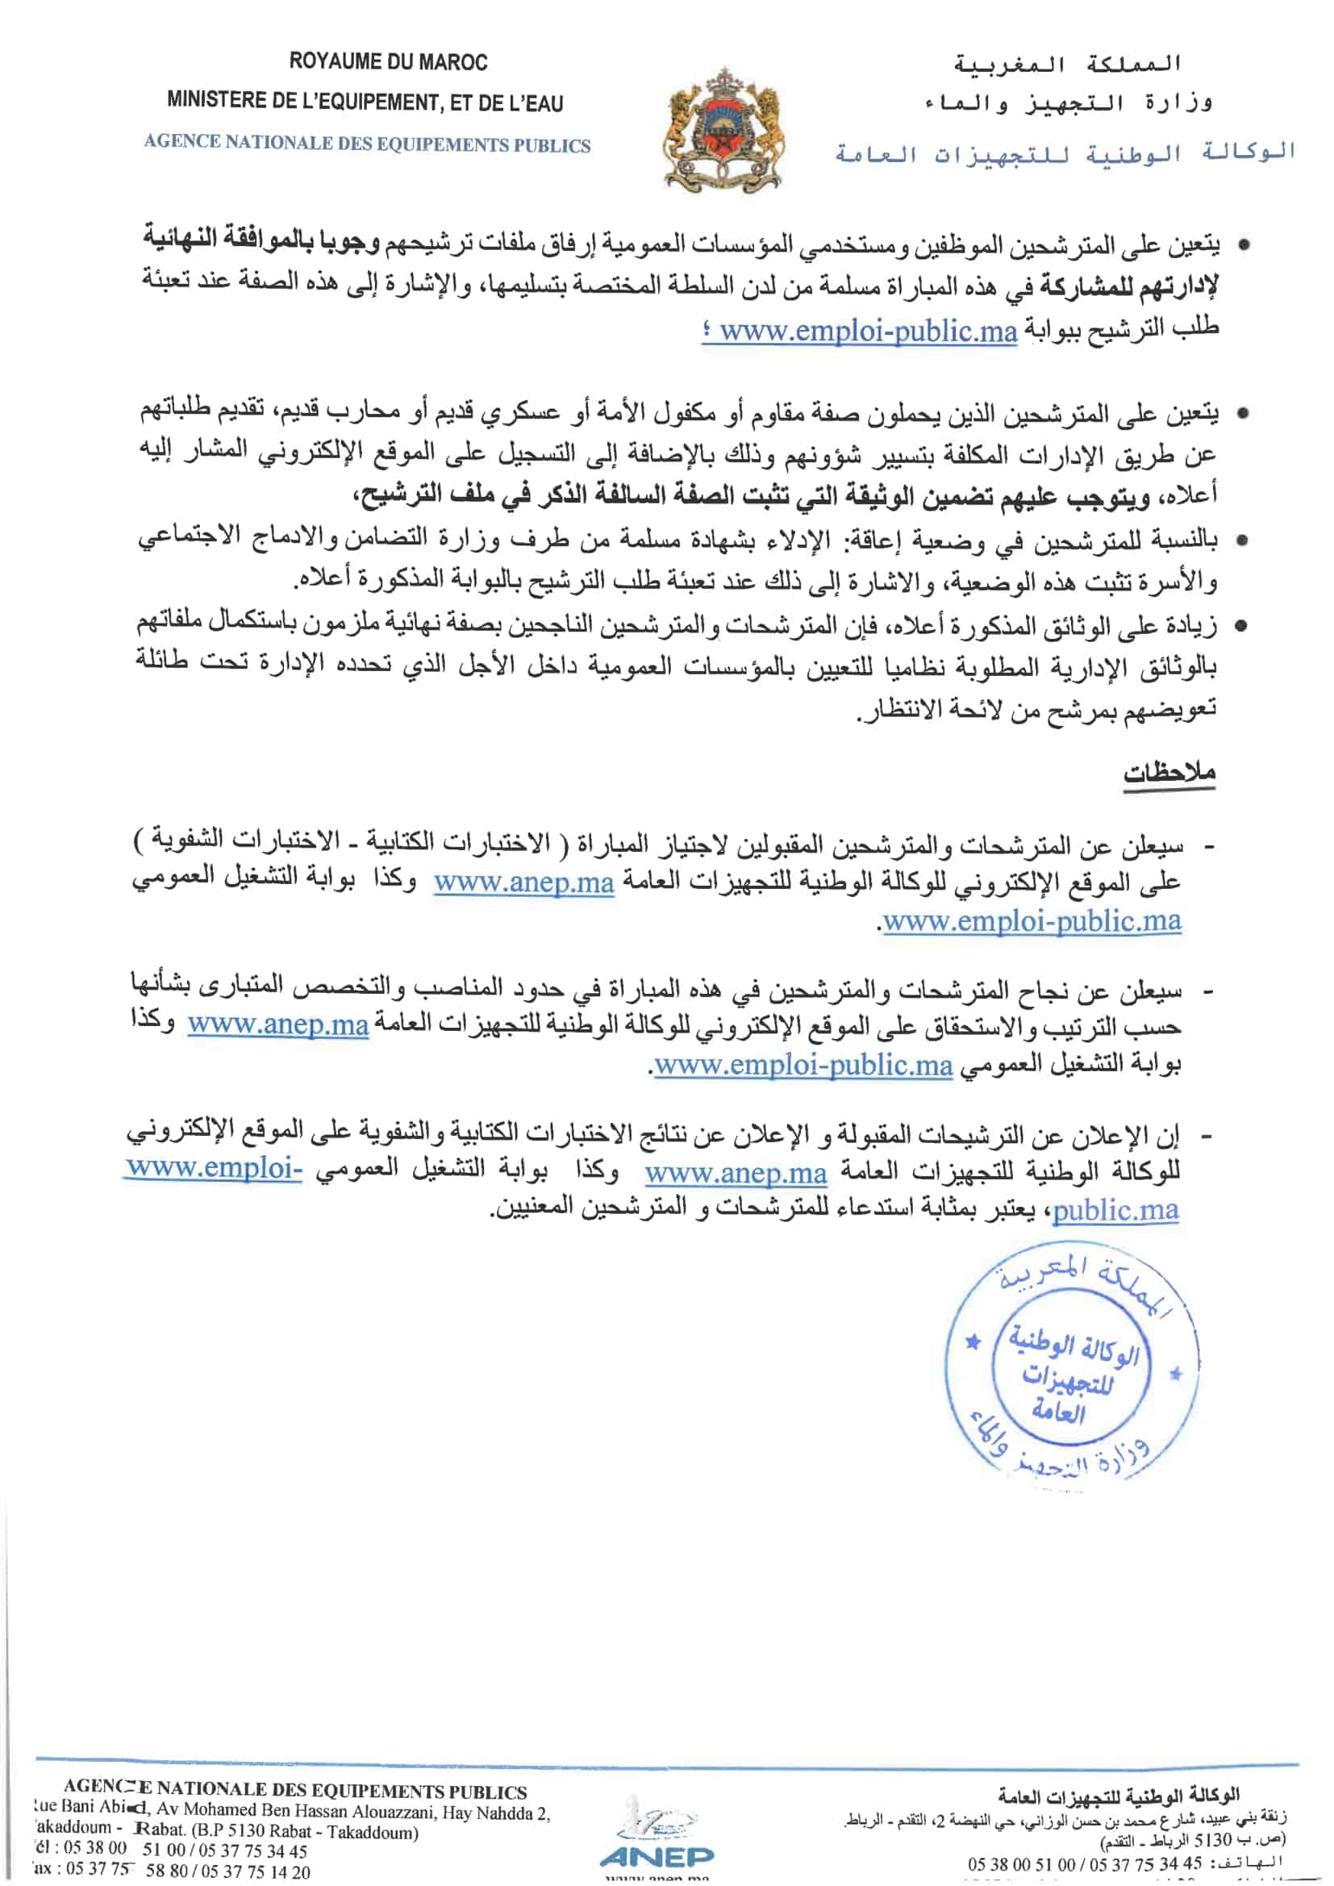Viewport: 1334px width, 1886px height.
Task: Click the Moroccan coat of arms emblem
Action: tap(723, 131)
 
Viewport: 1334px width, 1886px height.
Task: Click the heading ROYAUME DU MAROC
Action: tap(388, 62)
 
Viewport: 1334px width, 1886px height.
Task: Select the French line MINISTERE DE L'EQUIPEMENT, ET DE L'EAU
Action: tap(365, 102)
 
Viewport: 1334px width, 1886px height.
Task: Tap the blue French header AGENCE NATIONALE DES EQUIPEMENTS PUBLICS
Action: tap(367, 144)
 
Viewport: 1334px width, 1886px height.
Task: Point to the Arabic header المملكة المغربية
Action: tap(1067, 63)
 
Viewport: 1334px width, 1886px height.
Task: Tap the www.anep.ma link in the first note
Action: tap(524, 882)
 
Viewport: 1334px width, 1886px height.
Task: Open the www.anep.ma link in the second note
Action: tap(277, 1026)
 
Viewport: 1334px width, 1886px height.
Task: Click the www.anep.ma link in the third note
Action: tap(736, 1173)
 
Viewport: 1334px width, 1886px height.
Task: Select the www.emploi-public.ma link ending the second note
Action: tap(803, 1066)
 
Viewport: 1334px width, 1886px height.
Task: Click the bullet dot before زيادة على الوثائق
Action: tap(1242, 628)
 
